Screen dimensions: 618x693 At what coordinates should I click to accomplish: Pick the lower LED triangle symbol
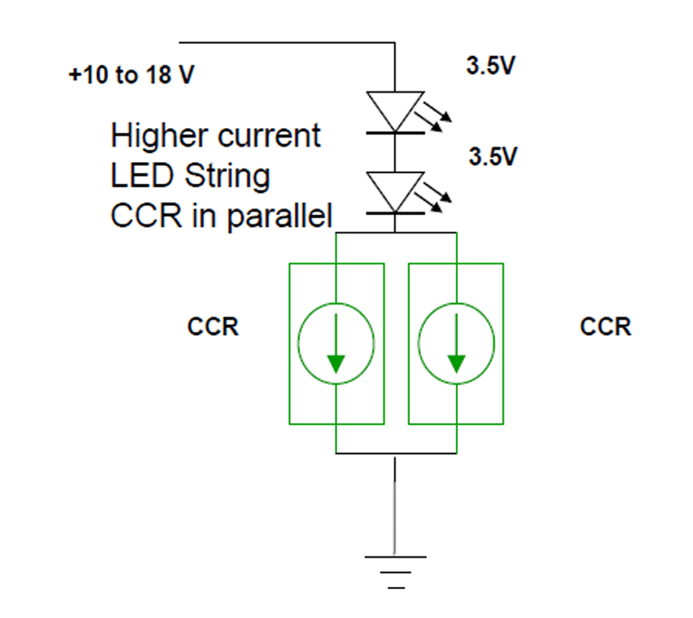pyautogui.click(x=395, y=190)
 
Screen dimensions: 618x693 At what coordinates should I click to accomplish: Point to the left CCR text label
pyautogui.click(x=212, y=327)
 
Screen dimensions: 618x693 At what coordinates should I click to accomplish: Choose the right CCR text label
pyautogui.click(x=605, y=327)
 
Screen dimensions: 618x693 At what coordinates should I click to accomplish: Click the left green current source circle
pyautogui.click(x=336, y=344)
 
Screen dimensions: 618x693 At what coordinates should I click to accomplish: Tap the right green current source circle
pyautogui.click(x=455, y=344)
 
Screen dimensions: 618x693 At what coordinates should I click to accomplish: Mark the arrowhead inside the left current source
pyautogui.click(x=336, y=363)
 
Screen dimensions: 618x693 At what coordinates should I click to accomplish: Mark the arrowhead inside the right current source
pyautogui.click(x=455, y=363)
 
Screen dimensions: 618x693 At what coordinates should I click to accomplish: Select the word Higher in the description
pyautogui.click(x=158, y=136)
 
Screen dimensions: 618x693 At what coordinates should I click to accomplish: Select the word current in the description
pyautogui.click(x=269, y=136)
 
